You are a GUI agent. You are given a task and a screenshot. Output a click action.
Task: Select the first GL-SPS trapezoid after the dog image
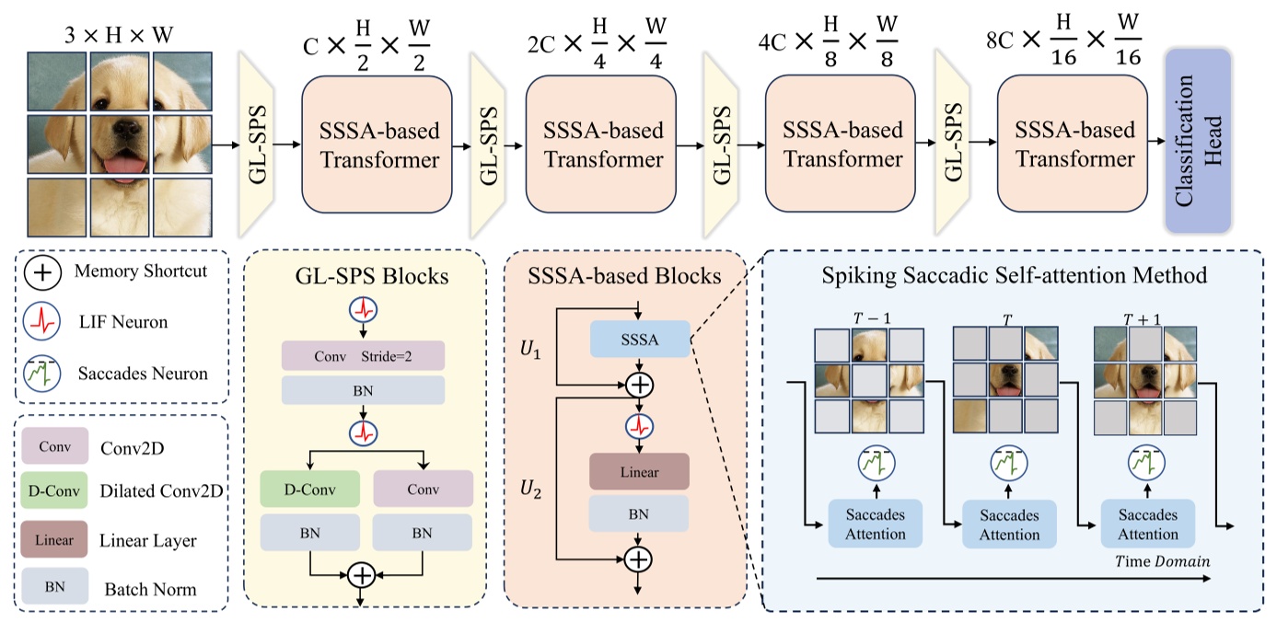259,143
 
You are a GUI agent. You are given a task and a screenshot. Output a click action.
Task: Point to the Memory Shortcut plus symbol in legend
45,272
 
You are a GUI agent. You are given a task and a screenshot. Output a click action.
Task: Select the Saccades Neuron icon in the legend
45,373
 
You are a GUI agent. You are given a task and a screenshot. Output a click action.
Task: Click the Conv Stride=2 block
363,356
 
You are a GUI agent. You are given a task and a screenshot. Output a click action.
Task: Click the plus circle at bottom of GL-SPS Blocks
362,576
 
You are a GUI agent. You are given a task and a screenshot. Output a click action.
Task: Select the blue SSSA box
639,340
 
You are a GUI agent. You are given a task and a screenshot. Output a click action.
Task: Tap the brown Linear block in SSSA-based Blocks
639,471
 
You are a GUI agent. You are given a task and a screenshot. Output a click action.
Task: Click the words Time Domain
1162,561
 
